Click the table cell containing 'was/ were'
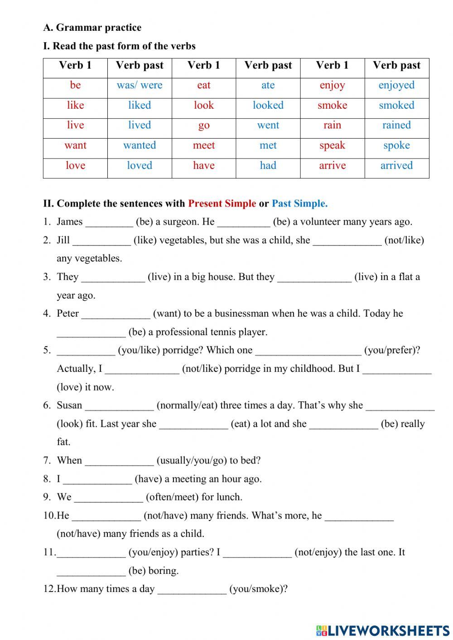click(140, 86)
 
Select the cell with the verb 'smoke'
click(332, 106)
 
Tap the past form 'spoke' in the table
click(396, 145)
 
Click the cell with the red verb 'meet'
click(204, 145)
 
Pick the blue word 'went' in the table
click(268, 125)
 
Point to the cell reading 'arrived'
click(396, 166)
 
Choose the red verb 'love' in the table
click(75, 166)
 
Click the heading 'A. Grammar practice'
click(92, 28)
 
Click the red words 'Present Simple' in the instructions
click(222, 204)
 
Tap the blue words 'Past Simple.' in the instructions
click(299, 204)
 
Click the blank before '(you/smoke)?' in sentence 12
click(192, 590)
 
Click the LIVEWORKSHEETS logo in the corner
click(383, 630)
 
